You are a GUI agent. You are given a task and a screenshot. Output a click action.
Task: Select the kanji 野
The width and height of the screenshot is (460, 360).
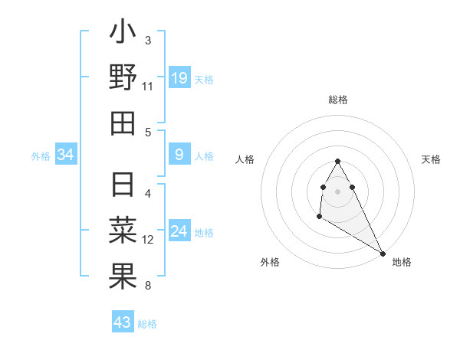pos(123,78)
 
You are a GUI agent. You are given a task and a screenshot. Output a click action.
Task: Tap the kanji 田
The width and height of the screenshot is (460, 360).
pos(123,123)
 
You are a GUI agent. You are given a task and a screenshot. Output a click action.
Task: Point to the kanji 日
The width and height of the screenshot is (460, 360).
pos(123,185)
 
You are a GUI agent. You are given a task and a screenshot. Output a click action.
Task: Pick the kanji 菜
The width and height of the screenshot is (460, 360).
pos(123,231)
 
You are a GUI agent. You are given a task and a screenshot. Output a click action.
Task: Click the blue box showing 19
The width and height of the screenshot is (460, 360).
pos(179,77)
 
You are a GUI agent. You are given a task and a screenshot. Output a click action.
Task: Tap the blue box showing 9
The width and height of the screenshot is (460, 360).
pos(179,155)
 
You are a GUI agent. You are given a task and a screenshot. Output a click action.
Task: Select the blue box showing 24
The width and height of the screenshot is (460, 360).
pos(179,231)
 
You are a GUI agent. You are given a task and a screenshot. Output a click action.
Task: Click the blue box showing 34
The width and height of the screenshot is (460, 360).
pos(66,155)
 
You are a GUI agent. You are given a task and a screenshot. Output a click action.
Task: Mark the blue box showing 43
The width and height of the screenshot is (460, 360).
pos(123,322)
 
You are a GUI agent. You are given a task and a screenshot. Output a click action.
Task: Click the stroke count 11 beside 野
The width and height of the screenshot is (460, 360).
pos(147,87)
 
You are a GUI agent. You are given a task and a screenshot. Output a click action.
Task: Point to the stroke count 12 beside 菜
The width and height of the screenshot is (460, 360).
pos(148,239)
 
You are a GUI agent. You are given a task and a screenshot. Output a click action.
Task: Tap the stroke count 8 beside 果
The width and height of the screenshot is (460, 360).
pos(148,286)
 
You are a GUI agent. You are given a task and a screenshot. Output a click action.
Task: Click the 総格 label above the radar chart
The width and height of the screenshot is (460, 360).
pos(338,100)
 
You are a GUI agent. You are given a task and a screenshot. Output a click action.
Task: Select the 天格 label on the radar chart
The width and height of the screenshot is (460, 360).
pos(431,159)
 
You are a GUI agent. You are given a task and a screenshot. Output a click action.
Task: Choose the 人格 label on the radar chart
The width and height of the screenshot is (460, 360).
pos(245,159)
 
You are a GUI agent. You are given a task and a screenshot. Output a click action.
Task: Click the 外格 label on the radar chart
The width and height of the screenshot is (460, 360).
pos(270,262)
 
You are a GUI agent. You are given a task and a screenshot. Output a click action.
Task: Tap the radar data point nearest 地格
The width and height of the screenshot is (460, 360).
pos(383,254)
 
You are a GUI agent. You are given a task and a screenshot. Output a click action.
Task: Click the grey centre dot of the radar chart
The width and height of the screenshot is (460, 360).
pos(338,191)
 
